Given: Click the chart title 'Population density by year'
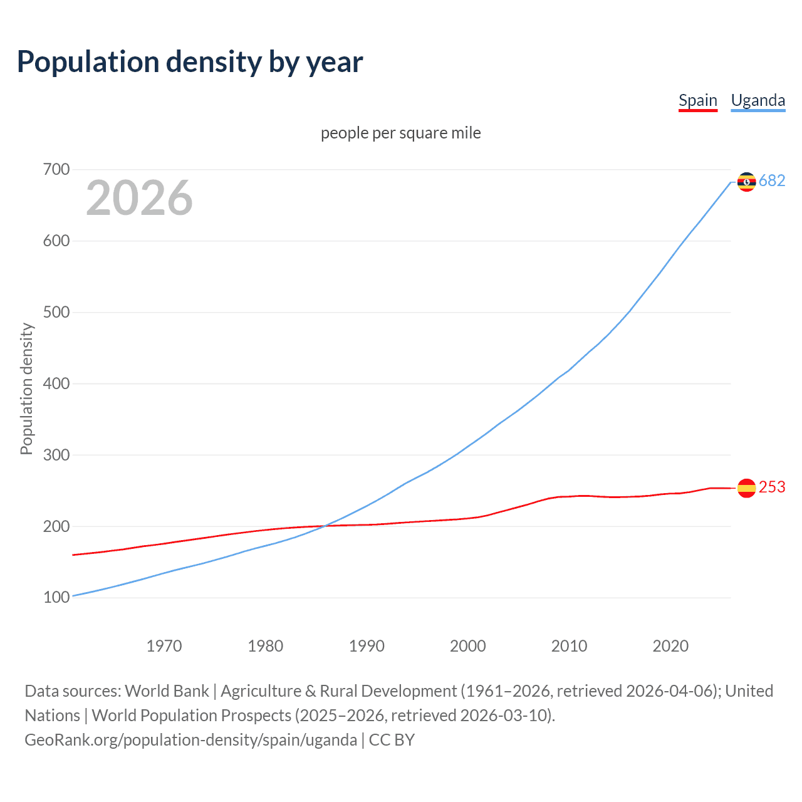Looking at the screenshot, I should point(190,62).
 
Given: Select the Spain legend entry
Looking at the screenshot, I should point(697,100).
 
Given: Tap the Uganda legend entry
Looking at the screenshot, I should point(758,100).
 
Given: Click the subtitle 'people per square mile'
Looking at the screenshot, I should point(400,133).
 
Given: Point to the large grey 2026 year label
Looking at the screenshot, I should point(139,198).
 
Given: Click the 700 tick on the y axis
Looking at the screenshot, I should point(56,169).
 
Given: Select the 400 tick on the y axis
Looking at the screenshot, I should point(56,383).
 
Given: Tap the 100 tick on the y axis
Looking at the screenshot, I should point(56,598).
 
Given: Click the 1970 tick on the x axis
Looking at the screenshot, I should point(164,645).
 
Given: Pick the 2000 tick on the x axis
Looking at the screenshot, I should point(468,645).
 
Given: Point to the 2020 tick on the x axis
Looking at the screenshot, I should point(670,645).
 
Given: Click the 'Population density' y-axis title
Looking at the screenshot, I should point(26,388).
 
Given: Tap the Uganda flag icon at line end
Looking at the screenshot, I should point(746,182).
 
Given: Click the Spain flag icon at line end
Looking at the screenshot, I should point(746,488).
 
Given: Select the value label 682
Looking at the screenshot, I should point(772,181).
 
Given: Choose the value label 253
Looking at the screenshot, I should point(772,487).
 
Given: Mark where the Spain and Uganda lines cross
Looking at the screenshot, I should point(325,526).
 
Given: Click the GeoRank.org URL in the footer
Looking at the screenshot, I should point(190,740).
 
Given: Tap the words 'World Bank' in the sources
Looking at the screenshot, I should point(167,691).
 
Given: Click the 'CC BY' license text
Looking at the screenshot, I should point(392,740).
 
